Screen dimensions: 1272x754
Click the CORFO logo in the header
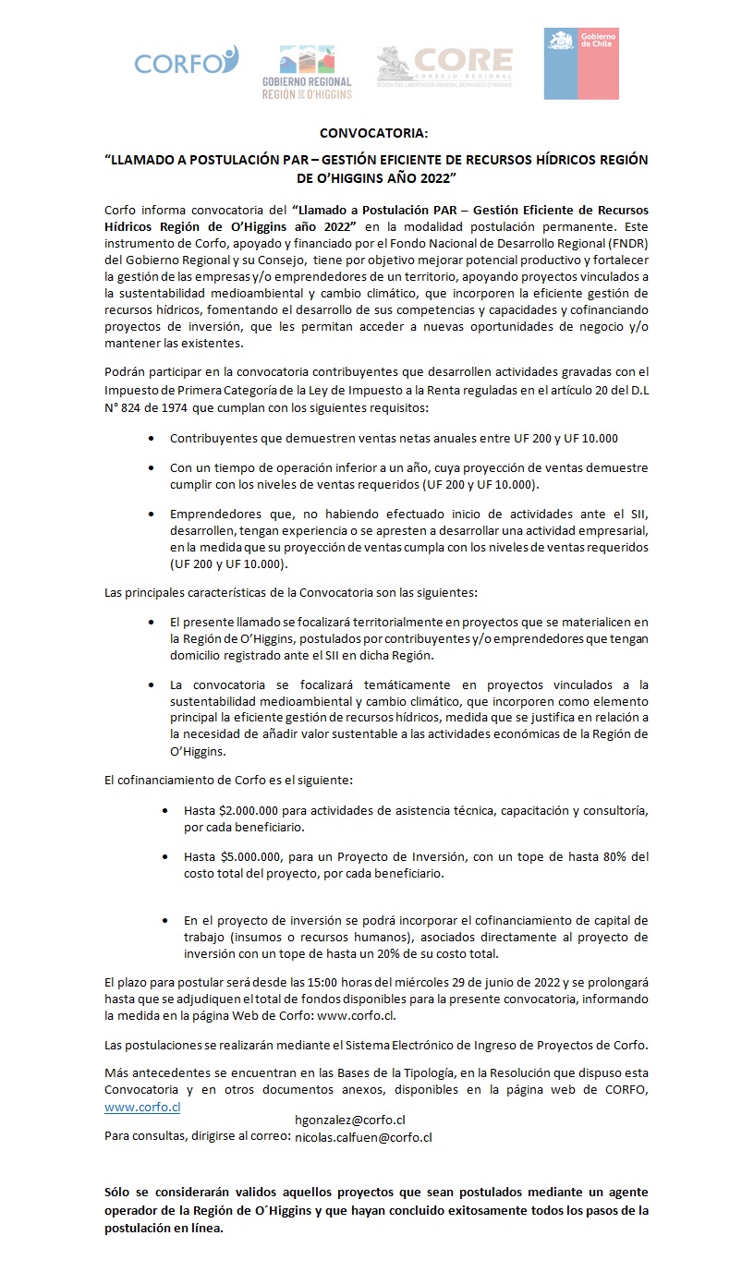pos(186,62)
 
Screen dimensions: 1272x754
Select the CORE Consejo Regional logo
pos(444,66)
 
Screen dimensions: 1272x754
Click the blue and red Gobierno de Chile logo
pos(581,63)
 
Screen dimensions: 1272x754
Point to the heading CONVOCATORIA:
pos(376,134)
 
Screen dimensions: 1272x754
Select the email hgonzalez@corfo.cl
pos(350,1120)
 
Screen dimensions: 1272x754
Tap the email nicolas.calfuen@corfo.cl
pos(363,1137)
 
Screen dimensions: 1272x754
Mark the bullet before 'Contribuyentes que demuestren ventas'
pos(152,439)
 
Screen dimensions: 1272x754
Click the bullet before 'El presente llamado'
pos(152,624)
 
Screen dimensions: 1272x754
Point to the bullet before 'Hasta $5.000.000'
pos(165,857)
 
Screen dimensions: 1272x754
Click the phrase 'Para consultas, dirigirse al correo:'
pos(198,1136)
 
